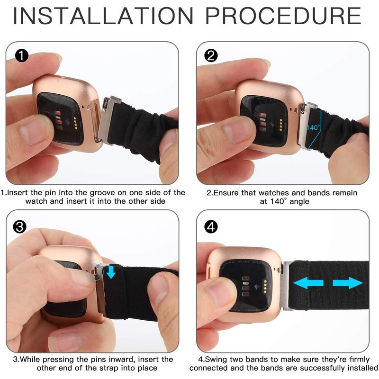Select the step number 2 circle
[211, 55]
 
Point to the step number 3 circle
[20, 227]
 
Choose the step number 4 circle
[211, 227]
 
